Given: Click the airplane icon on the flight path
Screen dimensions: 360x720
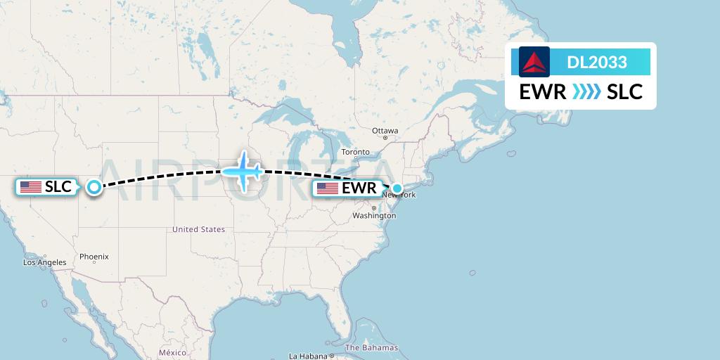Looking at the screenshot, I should click(243, 171).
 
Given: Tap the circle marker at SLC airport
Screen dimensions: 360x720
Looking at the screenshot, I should click(94, 187).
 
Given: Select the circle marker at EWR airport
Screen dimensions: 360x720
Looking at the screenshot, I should click(398, 188).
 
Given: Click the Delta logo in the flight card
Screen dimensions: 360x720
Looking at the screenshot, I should click(534, 62).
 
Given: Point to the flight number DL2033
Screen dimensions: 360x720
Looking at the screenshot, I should click(597, 63).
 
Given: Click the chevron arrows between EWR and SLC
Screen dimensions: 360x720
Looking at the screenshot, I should click(586, 92).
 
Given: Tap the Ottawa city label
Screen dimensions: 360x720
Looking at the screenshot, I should click(385, 131).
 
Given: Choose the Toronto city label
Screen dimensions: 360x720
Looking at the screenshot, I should click(355, 152).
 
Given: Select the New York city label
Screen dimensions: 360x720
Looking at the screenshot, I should click(399, 195).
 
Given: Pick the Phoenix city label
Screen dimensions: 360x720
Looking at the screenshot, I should click(94, 257).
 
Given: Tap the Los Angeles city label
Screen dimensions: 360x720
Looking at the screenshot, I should click(44, 262).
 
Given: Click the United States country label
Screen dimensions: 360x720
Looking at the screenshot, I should click(199, 229).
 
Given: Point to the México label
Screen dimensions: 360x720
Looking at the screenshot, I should click(172, 352).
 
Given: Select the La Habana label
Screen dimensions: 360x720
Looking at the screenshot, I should click(307, 356).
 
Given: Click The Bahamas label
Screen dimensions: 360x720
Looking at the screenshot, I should click(371, 347).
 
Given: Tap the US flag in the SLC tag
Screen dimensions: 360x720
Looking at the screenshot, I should click(31, 187).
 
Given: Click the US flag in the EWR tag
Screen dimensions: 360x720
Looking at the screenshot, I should click(328, 188).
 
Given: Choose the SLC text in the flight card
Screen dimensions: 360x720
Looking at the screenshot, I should click(625, 92).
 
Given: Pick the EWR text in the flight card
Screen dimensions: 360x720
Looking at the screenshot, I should click(543, 92).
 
